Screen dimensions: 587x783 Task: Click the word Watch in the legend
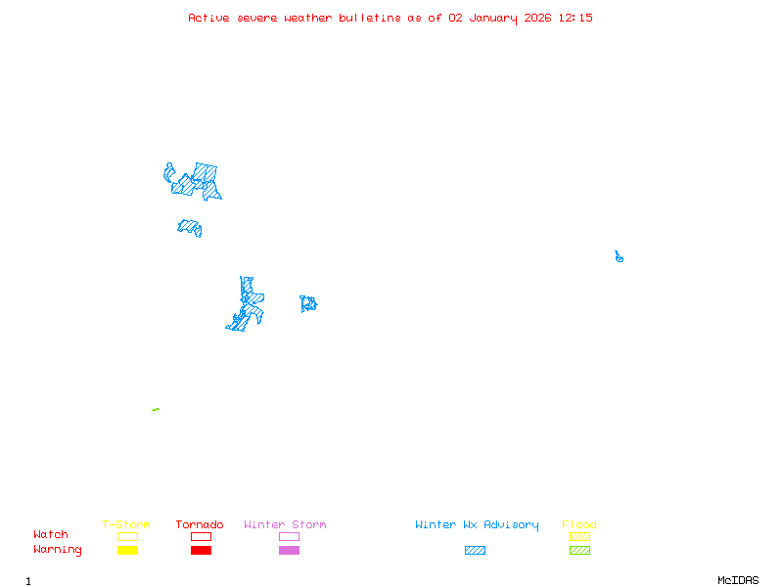click(51, 535)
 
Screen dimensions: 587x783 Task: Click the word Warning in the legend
click(58, 550)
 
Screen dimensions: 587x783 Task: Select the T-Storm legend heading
click(126, 524)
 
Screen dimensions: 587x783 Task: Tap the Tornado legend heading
click(200, 524)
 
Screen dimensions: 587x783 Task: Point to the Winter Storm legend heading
click(285, 524)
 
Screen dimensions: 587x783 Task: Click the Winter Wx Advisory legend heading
click(477, 524)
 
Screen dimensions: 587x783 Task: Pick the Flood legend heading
click(579, 524)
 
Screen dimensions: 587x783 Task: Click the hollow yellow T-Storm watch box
click(127, 536)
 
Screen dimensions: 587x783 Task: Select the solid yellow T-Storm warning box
click(127, 550)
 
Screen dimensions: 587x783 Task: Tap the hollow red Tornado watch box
click(201, 536)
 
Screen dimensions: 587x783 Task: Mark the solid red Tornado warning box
click(201, 550)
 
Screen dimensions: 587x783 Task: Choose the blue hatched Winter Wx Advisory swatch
click(475, 550)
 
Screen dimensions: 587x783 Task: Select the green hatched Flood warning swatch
click(579, 550)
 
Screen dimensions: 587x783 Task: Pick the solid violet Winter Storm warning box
click(289, 550)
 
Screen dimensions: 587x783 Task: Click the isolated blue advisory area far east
click(619, 257)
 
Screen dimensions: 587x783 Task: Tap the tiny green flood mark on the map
click(156, 409)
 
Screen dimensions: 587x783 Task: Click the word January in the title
click(492, 18)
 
